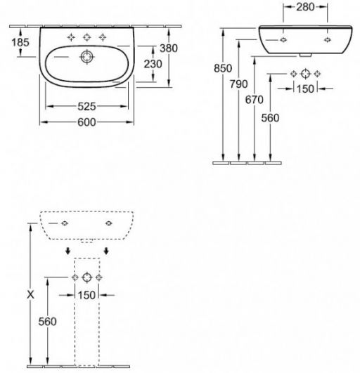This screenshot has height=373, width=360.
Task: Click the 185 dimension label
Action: (x=20, y=42)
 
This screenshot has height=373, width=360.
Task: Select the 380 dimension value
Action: (x=169, y=48)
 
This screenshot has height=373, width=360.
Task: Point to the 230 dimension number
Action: (x=153, y=64)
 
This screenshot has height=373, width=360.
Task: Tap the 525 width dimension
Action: (x=86, y=106)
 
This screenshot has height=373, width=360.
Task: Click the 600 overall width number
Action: (x=86, y=122)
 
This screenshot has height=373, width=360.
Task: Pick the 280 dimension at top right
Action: (x=305, y=7)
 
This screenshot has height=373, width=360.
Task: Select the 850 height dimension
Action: (x=223, y=69)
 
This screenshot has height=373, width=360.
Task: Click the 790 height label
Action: (x=238, y=84)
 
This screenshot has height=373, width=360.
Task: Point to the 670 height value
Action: (x=255, y=100)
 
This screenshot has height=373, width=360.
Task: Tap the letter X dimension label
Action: (x=30, y=295)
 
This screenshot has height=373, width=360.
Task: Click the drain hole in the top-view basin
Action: (x=86, y=57)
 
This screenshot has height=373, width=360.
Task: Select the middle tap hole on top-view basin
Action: (x=87, y=37)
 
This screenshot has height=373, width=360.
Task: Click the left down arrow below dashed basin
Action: (x=68, y=251)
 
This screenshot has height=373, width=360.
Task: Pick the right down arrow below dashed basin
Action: (x=106, y=251)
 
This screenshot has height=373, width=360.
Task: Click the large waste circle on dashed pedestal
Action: (x=87, y=277)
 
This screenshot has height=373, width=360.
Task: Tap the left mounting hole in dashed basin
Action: (x=65, y=223)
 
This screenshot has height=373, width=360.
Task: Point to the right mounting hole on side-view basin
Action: (x=328, y=40)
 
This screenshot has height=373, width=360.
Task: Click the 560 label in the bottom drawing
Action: (x=48, y=322)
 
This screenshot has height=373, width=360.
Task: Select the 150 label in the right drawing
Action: (x=305, y=89)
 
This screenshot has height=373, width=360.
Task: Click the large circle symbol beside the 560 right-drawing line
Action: (x=305, y=74)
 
